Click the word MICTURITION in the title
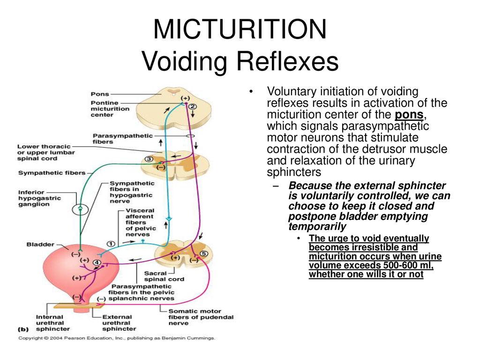click(x=240, y=29)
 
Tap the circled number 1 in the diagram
click(x=111, y=244)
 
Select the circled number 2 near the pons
click(x=193, y=106)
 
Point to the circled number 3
click(x=149, y=159)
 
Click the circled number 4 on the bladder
click(x=97, y=262)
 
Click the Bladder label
click(x=40, y=244)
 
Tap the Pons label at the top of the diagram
click(x=100, y=94)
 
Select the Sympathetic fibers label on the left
click(x=52, y=173)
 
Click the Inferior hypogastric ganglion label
click(x=39, y=198)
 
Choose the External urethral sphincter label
click(x=119, y=323)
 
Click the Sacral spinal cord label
click(x=164, y=276)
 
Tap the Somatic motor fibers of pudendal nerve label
click(x=201, y=317)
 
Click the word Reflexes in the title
click(x=287, y=61)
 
